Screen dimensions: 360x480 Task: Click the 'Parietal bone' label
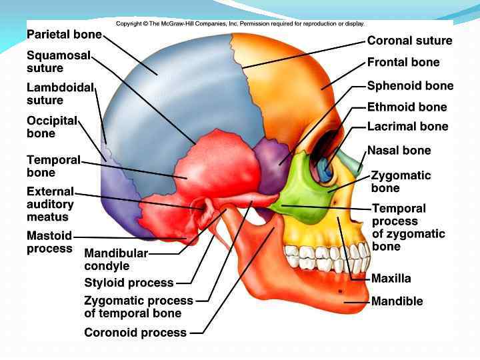[x=64, y=34]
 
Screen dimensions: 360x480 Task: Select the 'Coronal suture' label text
[x=409, y=41]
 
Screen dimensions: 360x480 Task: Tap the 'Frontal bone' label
[x=403, y=63]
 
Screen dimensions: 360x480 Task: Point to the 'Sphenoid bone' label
[x=410, y=86]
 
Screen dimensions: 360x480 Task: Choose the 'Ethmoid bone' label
[x=407, y=107]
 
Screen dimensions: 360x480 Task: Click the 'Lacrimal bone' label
[x=407, y=127]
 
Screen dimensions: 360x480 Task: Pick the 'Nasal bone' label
[x=399, y=151]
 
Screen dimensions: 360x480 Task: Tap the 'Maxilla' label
[x=391, y=279]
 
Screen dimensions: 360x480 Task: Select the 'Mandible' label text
[x=397, y=301]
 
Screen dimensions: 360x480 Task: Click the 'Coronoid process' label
[x=135, y=332]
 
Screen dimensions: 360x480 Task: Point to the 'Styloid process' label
[x=129, y=283]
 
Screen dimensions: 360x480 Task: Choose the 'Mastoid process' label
[x=49, y=242]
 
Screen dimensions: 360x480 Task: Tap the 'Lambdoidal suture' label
[x=60, y=94]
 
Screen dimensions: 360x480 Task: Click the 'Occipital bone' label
[x=52, y=127]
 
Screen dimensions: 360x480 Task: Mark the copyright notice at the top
[x=240, y=24]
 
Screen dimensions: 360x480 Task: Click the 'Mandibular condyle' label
[x=115, y=260]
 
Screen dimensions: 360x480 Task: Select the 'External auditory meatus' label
[x=50, y=204]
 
